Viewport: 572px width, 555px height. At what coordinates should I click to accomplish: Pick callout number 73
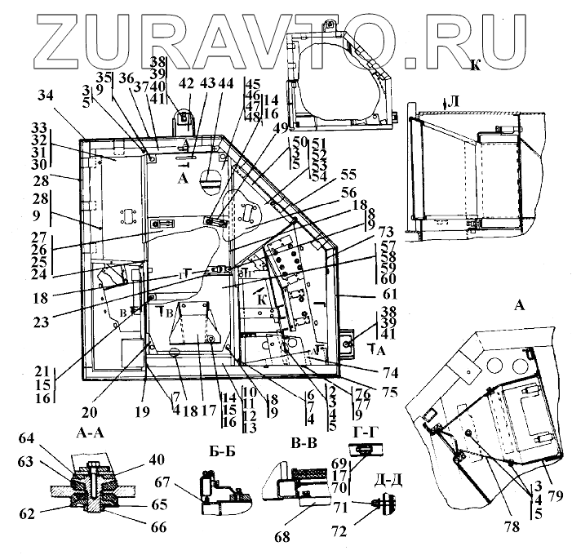pyautogui.click(x=387, y=231)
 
